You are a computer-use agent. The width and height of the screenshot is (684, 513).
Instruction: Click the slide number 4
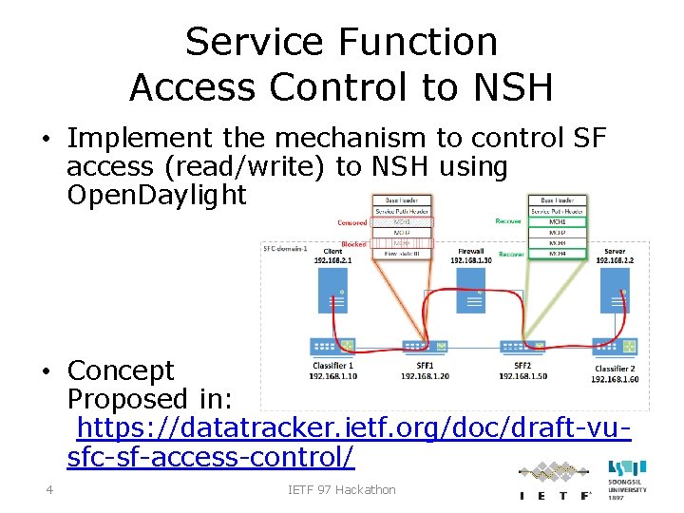pos(48,490)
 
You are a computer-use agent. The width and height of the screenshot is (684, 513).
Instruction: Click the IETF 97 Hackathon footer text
pos(342,490)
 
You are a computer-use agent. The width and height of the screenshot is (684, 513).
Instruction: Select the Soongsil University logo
pos(627,480)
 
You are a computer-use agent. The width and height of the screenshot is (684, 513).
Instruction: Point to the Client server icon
pos(332,290)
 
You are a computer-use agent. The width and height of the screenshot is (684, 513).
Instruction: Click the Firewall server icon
pos(472,289)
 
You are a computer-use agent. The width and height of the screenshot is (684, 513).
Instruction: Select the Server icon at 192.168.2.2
pos(615,290)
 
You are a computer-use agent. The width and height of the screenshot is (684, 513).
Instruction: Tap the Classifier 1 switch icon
pos(332,347)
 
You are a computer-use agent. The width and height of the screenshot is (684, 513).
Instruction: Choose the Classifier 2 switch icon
pos(607,347)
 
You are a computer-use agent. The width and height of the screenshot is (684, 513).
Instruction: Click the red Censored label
pos(352,222)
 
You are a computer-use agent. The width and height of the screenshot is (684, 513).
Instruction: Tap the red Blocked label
pos(353,244)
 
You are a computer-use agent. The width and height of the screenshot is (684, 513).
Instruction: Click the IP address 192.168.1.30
pos(473,259)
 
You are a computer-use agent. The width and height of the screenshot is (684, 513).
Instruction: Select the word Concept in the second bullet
pos(121,370)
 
